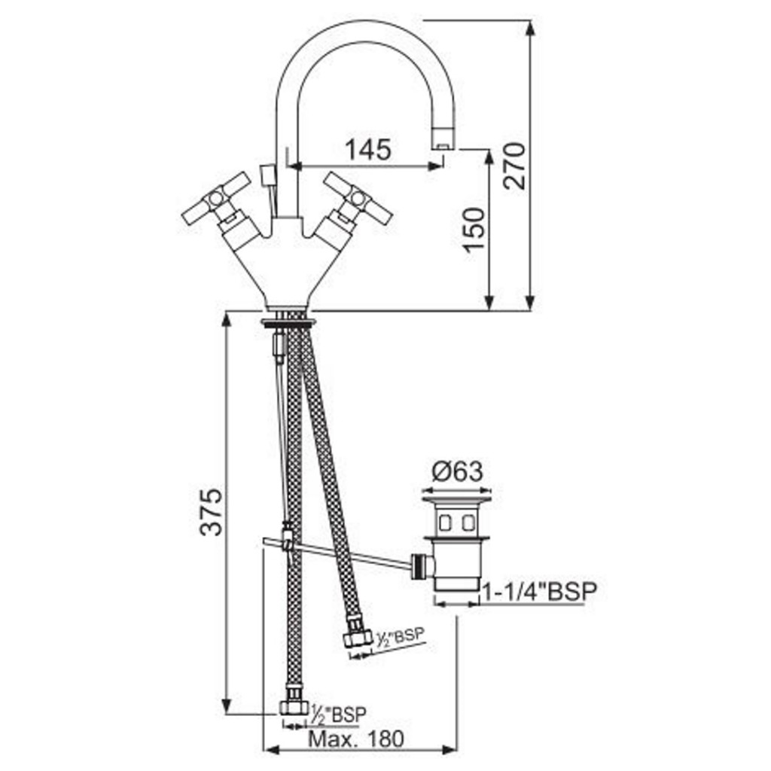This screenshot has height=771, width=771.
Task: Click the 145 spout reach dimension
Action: (x=368, y=149)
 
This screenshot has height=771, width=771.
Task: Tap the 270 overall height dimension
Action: (x=515, y=166)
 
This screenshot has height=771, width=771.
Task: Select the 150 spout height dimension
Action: (x=474, y=230)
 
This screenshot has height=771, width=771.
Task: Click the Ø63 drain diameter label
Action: (x=457, y=471)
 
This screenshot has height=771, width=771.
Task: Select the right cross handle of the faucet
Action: (x=358, y=198)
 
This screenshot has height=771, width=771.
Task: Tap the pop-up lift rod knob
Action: (x=267, y=175)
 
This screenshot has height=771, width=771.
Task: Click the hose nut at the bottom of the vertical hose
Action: (x=294, y=706)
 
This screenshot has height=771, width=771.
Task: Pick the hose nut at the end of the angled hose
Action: (x=357, y=638)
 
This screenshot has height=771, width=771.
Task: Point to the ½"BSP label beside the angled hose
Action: (x=400, y=637)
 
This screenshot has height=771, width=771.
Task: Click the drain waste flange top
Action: (x=457, y=501)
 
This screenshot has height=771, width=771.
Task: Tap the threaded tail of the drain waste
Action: (x=457, y=584)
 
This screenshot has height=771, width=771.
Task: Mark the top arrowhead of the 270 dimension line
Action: (x=529, y=28)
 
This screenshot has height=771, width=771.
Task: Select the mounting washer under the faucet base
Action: (x=288, y=322)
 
